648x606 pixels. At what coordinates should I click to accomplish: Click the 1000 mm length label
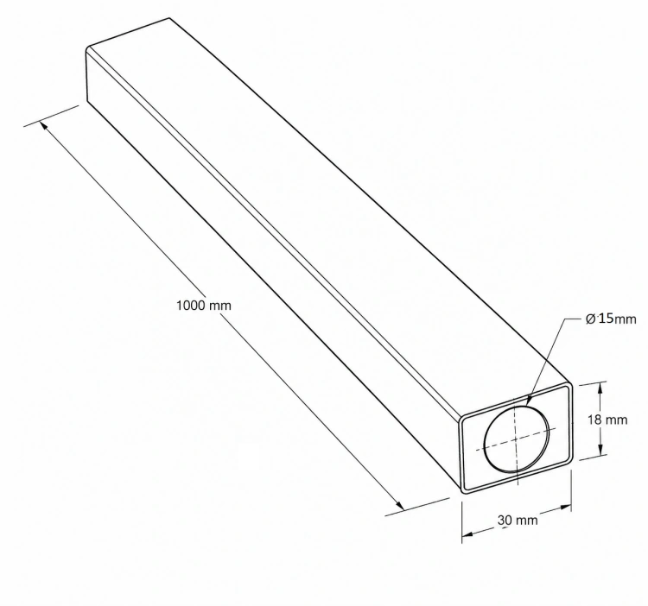(204, 306)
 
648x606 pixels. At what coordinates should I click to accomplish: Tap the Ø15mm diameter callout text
(611, 319)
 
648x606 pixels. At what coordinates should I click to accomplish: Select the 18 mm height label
(607, 420)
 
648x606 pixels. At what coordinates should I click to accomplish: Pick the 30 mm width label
(518, 521)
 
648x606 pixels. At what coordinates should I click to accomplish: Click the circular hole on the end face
(517, 439)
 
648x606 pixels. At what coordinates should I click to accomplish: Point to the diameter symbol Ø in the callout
(591, 319)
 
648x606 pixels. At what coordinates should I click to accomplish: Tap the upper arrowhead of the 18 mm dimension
(600, 388)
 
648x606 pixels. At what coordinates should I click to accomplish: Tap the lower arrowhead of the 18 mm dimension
(601, 449)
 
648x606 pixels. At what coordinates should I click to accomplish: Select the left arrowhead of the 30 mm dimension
(467, 534)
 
